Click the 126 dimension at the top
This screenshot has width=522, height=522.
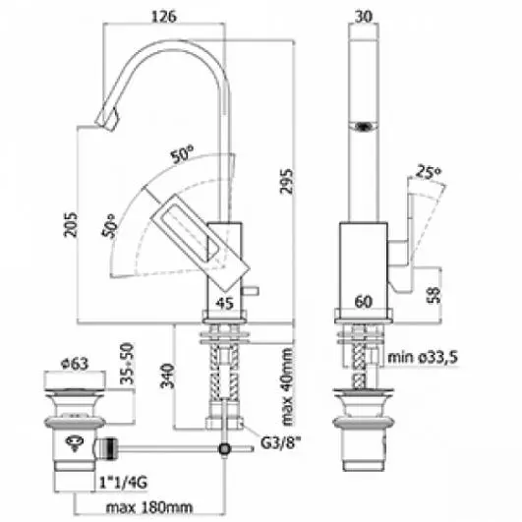click(x=164, y=17)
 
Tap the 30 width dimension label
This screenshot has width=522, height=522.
click(x=363, y=16)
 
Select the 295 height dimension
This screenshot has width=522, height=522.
click(x=286, y=182)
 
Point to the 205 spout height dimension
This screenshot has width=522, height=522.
click(x=70, y=225)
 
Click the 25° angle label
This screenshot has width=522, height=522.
click(x=429, y=172)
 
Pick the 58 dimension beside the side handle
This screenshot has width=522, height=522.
click(x=434, y=295)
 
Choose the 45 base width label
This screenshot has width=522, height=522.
click(x=225, y=303)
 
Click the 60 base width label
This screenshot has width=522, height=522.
click(x=363, y=302)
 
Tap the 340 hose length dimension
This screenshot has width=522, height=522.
click(x=167, y=376)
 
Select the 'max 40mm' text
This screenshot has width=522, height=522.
click(x=287, y=387)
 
